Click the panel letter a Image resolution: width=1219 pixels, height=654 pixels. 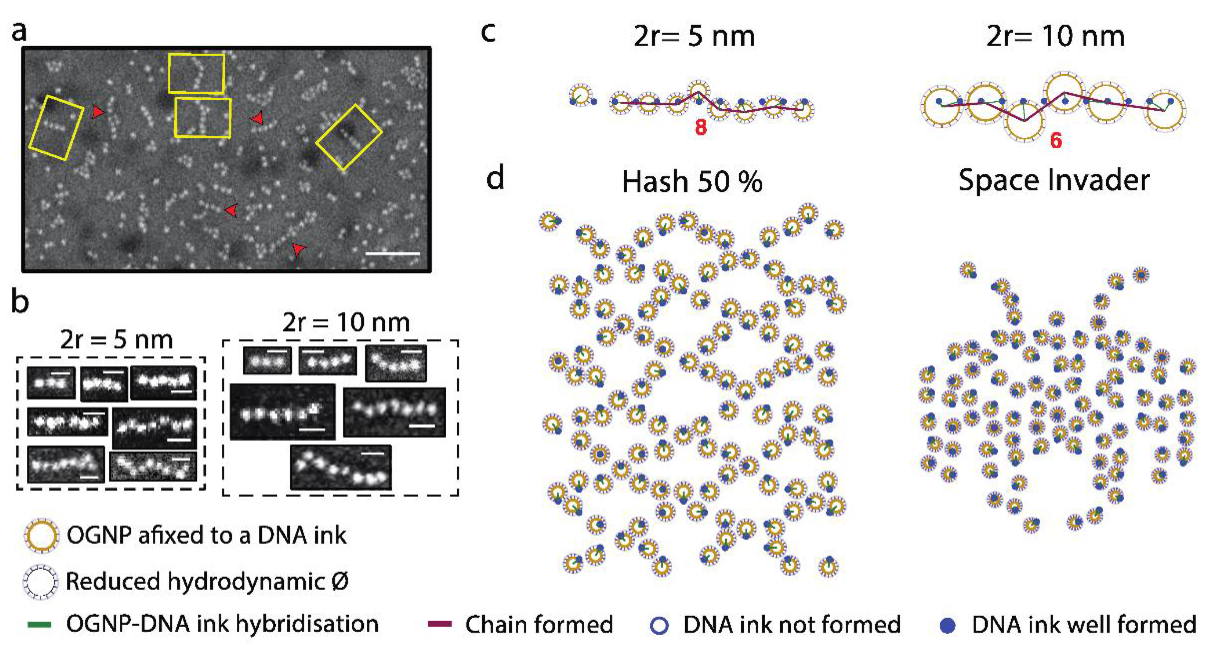[19, 32]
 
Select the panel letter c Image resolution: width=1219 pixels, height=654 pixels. [488, 32]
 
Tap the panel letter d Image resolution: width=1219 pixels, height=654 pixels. [495, 178]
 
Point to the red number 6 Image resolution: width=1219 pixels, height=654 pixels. [1056, 141]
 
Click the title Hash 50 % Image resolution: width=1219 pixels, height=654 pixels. [692, 182]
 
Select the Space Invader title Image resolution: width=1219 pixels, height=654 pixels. [1054, 180]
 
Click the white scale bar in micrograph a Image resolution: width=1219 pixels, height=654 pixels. [393, 253]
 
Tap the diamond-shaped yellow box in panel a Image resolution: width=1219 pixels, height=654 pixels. [349, 137]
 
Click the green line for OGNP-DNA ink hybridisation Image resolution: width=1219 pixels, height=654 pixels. [40, 624]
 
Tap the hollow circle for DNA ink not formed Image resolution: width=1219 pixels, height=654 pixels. [659, 625]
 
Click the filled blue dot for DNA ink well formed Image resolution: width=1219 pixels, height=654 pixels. [947, 625]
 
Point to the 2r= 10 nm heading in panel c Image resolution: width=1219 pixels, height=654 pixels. [1055, 36]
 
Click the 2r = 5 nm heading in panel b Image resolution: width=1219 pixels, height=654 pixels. [116, 340]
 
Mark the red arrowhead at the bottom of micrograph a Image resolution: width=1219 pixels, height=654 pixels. [298, 249]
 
